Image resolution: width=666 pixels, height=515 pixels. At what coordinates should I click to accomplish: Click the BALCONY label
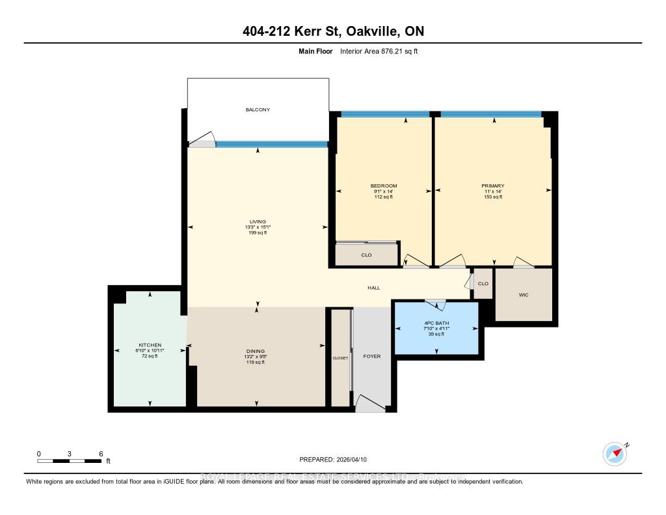(258, 109)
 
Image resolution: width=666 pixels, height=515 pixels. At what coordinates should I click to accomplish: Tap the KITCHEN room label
(150, 345)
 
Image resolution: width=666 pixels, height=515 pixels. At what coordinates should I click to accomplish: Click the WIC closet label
(524, 295)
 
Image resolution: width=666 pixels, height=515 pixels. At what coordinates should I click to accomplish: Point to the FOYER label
(372, 356)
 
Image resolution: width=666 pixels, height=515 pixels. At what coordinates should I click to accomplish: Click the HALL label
(373, 288)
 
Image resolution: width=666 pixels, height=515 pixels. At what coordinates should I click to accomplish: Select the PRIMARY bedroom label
(492, 186)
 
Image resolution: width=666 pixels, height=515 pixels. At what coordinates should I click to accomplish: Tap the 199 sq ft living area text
(258, 232)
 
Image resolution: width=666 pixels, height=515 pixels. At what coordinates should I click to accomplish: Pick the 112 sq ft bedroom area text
(384, 197)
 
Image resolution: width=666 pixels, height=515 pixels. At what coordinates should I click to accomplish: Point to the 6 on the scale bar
(101, 453)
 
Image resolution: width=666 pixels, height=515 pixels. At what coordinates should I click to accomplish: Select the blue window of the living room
(271, 145)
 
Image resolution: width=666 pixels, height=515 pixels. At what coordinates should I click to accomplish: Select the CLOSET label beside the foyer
(340, 358)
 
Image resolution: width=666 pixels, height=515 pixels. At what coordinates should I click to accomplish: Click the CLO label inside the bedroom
(366, 255)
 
